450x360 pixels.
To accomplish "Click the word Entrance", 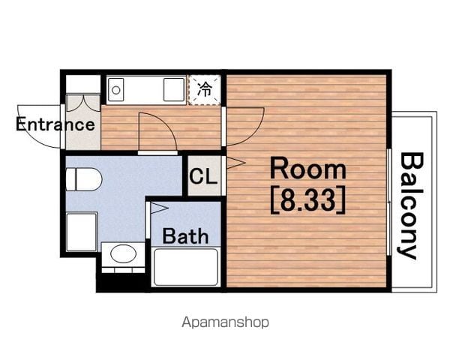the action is pyautogui.click(x=55, y=124).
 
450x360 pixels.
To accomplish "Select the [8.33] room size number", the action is pyautogui.click(x=308, y=199).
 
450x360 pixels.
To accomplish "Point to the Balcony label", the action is pyautogui.click(x=412, y=205).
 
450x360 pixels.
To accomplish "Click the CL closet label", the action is pyautogui.click(x=203, y=175).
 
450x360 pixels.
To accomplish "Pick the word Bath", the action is pyautogui.click(x=185, y=236).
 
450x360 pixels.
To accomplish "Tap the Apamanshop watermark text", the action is pyautogui.click(x=226, y=322).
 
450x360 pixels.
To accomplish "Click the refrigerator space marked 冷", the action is pyautogui.click(x=205, y=90).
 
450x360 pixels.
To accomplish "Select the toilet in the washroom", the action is pyautogui.click(x=84, y=179).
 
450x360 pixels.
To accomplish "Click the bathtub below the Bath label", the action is pyautogui.click(x=186, y=267).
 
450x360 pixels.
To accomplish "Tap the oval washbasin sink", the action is pyautogui.click(x=124, y=253).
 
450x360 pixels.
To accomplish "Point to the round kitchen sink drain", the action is pyautogui.click(x=116, y=91).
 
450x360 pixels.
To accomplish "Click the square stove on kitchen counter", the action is pyautogui.click(x=174, y=89).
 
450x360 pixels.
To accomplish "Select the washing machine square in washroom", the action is pyautogui.click(x=82, y=232).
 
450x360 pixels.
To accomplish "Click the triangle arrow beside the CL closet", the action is pyautogui.click(x=236, y=163).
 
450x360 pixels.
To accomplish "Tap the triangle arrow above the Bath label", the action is pyautogui.click(x=159, y=208).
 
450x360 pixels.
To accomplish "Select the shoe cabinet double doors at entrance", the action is pyautogui.click(x=83, y=103).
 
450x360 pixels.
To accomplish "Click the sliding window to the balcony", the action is pyautogui.click(x=388, y=202).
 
